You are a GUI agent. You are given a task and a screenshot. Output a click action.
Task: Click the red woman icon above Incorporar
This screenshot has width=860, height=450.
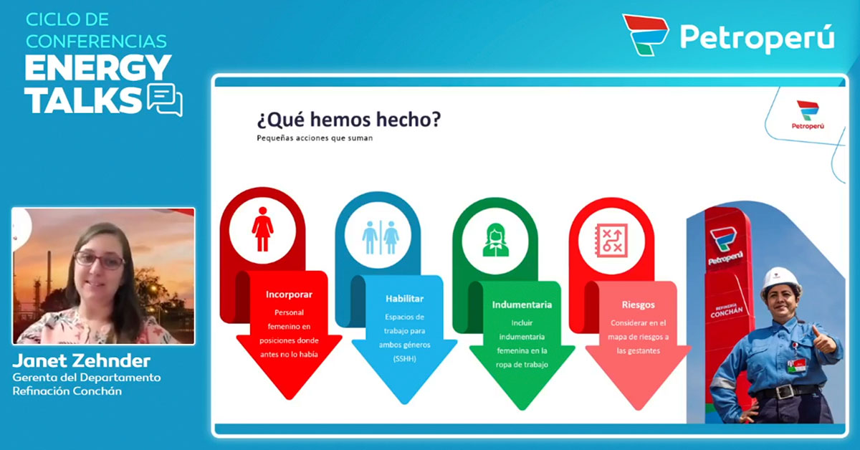(262, 229)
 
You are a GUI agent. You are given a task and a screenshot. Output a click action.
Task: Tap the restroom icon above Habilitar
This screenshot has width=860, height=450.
(381, 237)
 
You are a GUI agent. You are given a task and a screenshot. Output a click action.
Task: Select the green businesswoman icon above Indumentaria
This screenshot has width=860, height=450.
(496, 240)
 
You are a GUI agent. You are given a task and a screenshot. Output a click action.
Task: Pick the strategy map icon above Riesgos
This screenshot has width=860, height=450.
(611, 241)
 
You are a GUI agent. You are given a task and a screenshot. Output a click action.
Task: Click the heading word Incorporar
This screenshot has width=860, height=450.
(289, 295)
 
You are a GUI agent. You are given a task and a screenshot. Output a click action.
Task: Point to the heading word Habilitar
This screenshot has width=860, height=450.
(404, 298)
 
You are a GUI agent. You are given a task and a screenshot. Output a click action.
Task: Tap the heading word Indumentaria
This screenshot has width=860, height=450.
(522, 305)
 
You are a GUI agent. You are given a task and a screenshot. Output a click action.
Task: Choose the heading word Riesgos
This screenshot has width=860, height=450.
(638, 305)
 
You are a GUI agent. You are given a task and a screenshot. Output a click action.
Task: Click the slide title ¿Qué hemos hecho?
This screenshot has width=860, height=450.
(348, 120)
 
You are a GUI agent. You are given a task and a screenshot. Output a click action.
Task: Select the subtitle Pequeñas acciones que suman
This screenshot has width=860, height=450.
(315, 138)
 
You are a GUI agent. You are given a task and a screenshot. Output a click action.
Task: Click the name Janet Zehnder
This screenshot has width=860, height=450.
(82, 360)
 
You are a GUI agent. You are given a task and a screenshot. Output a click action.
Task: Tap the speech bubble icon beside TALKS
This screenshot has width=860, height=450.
(165, 99)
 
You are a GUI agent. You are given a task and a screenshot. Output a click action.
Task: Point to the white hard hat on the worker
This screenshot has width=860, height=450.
(780, 282)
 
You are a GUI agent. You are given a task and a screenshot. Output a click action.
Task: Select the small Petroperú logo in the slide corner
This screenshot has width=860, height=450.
(808, 115)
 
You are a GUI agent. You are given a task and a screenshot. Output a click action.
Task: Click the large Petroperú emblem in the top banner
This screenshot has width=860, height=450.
(645, 35)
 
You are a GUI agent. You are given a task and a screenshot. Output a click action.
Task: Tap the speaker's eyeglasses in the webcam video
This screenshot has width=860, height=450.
(99, 260)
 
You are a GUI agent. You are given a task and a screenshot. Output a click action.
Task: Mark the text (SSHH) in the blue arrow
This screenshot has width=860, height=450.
(404, 359)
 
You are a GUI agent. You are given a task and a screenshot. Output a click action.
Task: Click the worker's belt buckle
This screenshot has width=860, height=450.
(783, 392)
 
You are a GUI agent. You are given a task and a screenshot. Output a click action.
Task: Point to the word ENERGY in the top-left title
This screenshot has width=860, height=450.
(97, 67)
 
